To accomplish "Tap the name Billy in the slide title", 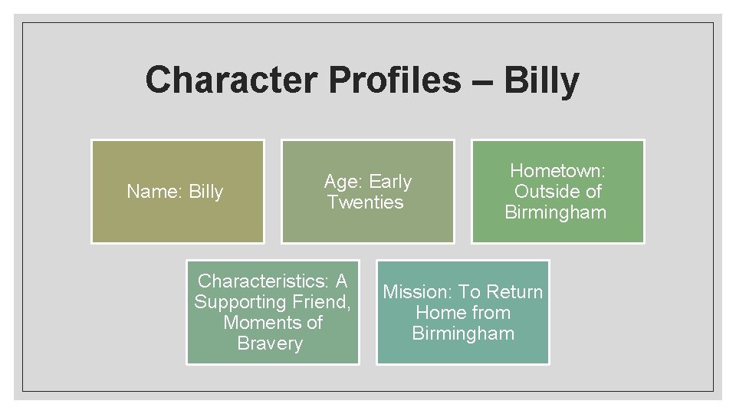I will [x=541, y=80].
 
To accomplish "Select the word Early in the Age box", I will [x=391, y=182].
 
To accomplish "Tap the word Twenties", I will [x=365, y=202].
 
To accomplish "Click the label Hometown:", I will [x=557, y=170].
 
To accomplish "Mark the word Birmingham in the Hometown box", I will [x=555, y=212].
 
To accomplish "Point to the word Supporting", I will [x=242, y=302].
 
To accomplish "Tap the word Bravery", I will [x=270, y=343].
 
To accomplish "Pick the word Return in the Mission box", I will [x=514, y=292].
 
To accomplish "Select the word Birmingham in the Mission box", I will [x=463, y=333].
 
